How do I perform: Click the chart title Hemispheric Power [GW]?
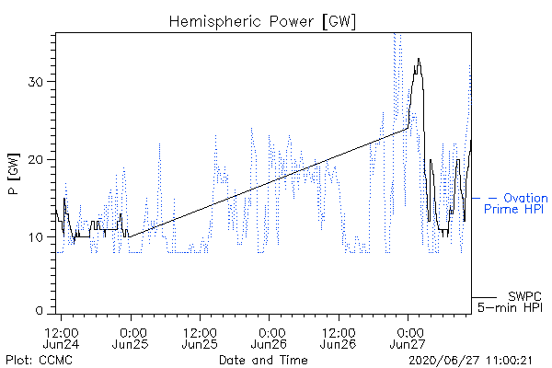click(262, 22)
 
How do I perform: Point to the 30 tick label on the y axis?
click(36, 82)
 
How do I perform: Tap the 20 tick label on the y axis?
click(36, 160)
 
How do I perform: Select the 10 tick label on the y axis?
click(36, 237)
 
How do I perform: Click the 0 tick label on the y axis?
click(40, 311)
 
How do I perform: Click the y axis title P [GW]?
click(14, 174)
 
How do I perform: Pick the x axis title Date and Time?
click(263, 360)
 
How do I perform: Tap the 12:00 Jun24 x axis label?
click(62, 338)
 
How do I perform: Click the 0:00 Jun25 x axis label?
click(131, 338)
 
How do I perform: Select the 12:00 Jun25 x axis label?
click(200, 338)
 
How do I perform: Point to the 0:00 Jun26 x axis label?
click(269, 338)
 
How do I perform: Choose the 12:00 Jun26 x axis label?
click(339, 338)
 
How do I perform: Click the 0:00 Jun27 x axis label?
click(408, 338)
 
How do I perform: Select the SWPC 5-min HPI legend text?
click(510, 302)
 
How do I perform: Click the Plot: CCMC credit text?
click(39, 360)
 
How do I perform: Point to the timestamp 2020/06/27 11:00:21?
click(470, 361)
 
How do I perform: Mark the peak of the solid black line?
click(419, 59)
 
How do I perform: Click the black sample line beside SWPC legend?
click(484, 297)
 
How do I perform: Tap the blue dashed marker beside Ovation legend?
click(484, 199)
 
